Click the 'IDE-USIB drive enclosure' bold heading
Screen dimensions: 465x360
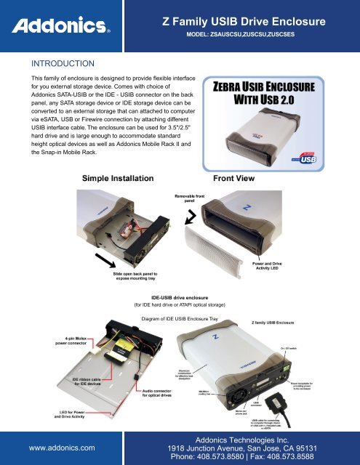(180, 299)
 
